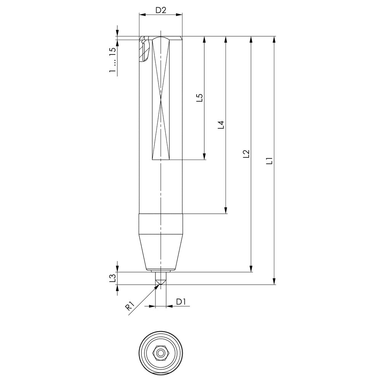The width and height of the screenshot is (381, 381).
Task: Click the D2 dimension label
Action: (161, 10)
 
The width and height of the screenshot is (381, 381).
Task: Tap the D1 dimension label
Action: (181, 302)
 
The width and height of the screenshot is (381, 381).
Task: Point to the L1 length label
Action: (270, 161)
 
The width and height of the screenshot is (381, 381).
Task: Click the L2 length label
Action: (247, 154)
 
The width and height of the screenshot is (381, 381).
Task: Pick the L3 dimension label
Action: (112, 278)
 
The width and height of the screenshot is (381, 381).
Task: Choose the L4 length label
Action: (221, 125)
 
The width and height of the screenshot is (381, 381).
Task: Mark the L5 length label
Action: (199, 98)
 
